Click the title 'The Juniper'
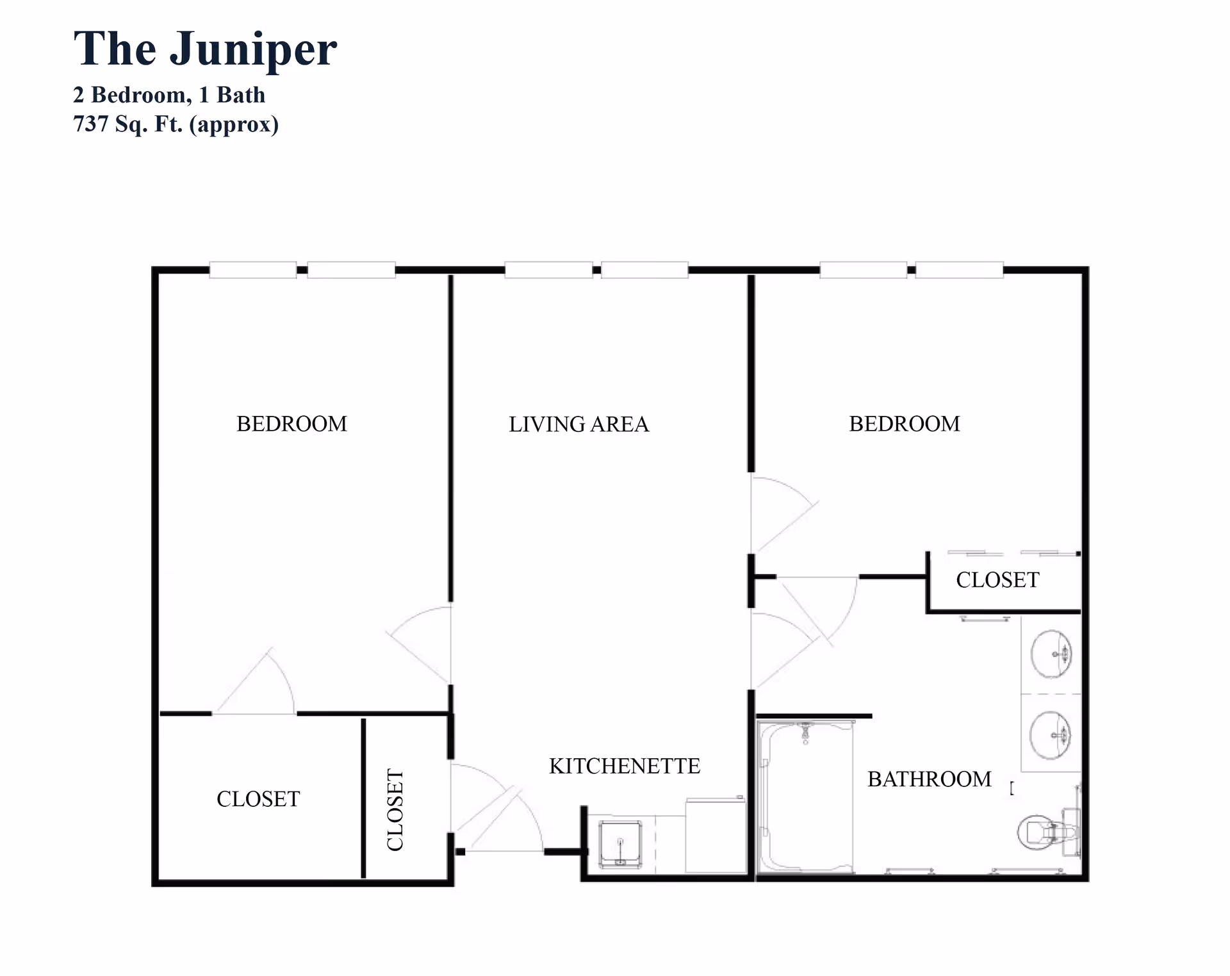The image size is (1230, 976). pyautogui.click(x=205, y=49)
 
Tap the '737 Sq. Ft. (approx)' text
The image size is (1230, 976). pyautogui.click(x=176, y=124)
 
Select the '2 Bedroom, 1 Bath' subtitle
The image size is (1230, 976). pyautogui.click(x=168, y=95)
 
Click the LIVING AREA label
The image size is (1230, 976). pyautogui.click(x=578, y=424)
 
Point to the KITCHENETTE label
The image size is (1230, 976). pyautogui.click(x=625, y=766)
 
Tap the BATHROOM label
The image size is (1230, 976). pyautogui.click(x=929, y=779)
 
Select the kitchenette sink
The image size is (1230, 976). pyautogui.click(x=620, y=844)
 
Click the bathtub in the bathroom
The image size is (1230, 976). pyautogui.click(x=805, y=797)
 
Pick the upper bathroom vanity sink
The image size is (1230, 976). pyautogui.click(x=1051, y=654)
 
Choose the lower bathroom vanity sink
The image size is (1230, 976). pyautogui.click(x=1050, y=734)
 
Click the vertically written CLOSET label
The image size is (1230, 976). pyautogui.click(x=395, y=810)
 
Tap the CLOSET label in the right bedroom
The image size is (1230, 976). pyautogui.click(x=997, y=580)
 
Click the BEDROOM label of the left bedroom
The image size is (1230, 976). pyautogui.click(x=291, y=424)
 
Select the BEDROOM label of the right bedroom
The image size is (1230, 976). pyautogui.click(x=904, y=424)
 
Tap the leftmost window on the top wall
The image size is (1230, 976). pyautogui.click(x=253, y=270)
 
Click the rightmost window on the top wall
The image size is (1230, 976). pyautogui.click(x=959, y=270)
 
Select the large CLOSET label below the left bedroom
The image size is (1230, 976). pyautogui.click(x=258, y=799)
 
